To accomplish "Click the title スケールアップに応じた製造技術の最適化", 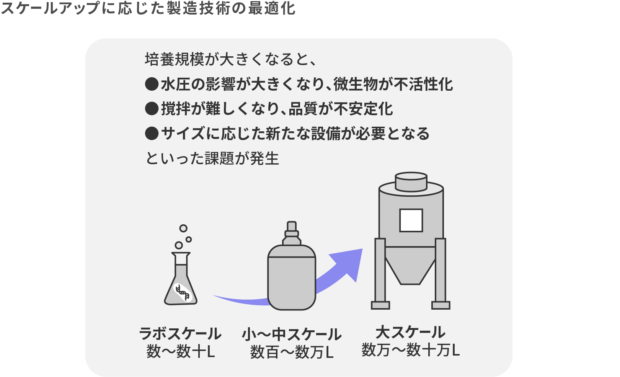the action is click(148, 8).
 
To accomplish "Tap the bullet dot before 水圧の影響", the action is click(152, 84).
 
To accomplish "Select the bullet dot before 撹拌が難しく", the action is click(152, 108).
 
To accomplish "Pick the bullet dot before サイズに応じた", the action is click(152, 134).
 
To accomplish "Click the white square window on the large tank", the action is click(411, 220).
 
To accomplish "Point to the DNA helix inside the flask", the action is click(183, 292).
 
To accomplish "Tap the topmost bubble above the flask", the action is click(183, 228).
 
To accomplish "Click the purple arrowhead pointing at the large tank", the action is click(348, 263).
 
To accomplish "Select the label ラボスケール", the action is click(180, 333).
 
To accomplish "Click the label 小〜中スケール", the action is click(292, 335).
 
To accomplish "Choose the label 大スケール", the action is click(411, 332).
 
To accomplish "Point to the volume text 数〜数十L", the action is click(181, 351).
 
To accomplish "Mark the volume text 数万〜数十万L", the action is click(411, 350).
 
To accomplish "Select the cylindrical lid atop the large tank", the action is click(411, 181).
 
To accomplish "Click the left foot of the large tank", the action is click(380, 305).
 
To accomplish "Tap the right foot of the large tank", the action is click(441, 305).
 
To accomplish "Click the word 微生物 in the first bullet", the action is click(356, 84).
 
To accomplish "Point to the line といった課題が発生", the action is click(212, 158).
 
